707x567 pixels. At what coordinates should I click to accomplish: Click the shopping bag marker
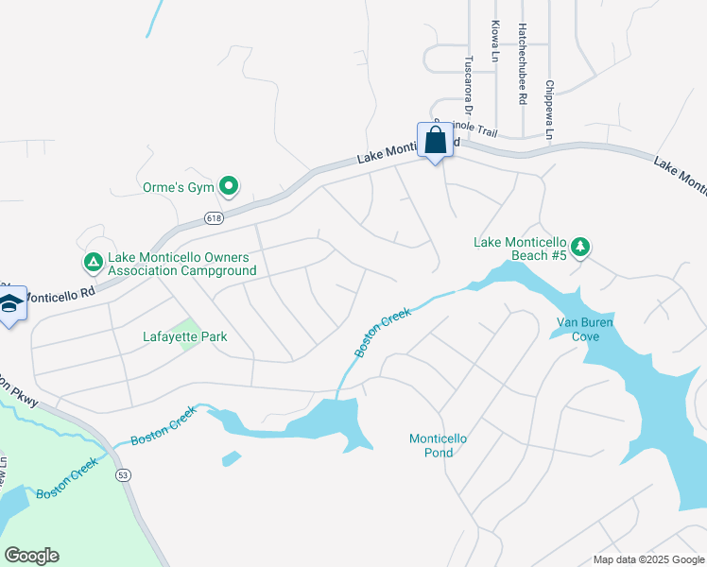(435, 141)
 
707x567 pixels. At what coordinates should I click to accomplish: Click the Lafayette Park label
(184, 336)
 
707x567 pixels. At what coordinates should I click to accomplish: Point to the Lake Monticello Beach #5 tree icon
(581, 248)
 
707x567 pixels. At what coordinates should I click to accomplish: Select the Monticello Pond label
(439, 445)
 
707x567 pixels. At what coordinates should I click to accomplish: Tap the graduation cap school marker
(11, 304)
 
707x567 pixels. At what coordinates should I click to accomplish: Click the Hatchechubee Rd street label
(521, 64)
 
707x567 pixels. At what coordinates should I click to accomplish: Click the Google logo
(31, 556)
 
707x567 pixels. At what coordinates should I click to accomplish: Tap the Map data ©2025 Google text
(647, 559)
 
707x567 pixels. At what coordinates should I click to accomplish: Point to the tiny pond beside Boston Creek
(231, 459)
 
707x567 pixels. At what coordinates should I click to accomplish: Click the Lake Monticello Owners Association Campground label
(181, 264)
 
